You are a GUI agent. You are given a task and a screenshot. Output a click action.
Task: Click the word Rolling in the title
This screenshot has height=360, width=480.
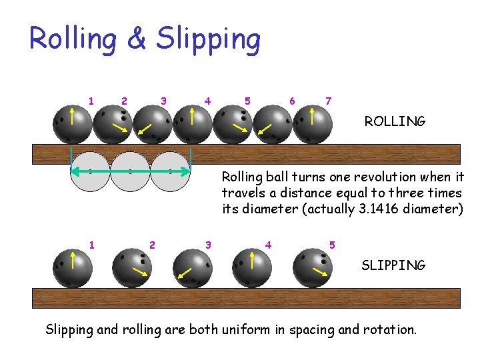73,39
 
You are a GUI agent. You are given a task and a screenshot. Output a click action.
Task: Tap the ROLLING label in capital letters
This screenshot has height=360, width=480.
395,121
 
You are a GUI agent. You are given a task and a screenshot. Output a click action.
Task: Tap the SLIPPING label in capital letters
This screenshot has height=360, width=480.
393,265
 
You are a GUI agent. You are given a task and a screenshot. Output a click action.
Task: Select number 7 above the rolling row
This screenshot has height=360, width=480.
328,101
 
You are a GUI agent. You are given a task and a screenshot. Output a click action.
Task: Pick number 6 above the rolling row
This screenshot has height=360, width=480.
292,101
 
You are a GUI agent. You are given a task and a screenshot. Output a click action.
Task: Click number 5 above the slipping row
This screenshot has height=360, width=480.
331,245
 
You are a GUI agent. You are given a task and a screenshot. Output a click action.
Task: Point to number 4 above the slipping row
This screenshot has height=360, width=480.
268,245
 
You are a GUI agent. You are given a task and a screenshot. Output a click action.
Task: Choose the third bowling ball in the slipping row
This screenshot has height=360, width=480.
193,268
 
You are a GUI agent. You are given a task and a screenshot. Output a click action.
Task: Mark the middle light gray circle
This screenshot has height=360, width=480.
130,172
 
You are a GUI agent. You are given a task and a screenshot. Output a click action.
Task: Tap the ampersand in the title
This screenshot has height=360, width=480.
136,39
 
